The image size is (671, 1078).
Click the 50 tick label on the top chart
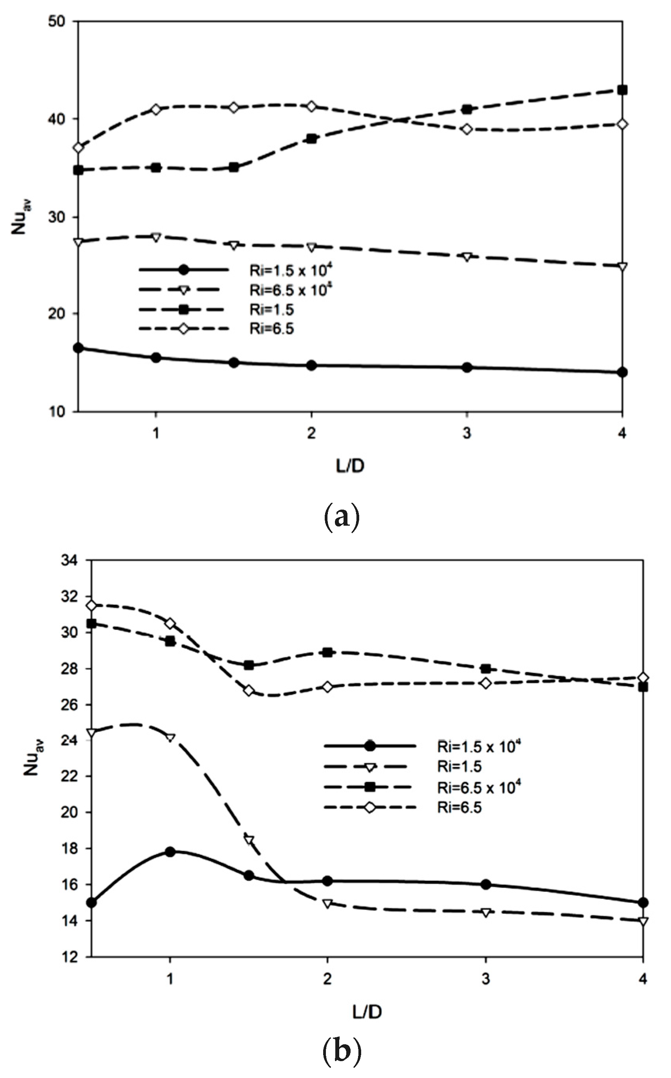coord(56,21)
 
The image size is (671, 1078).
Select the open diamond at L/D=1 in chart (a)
coord(156,109)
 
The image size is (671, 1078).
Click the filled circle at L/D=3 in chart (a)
coord(467,367)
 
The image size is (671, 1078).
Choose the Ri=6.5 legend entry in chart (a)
coord(271,328)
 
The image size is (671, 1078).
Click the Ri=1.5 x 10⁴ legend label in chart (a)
coord(291,270)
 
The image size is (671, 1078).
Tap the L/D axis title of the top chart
coord(350,466)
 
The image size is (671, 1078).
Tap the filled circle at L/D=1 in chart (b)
coord(170,851)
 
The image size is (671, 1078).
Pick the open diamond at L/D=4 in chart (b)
coord(643,678)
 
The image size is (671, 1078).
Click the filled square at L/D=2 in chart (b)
coord(327,652)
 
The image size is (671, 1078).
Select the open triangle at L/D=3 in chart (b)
coord(486,913)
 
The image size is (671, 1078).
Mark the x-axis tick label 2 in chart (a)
coord(311,433)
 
